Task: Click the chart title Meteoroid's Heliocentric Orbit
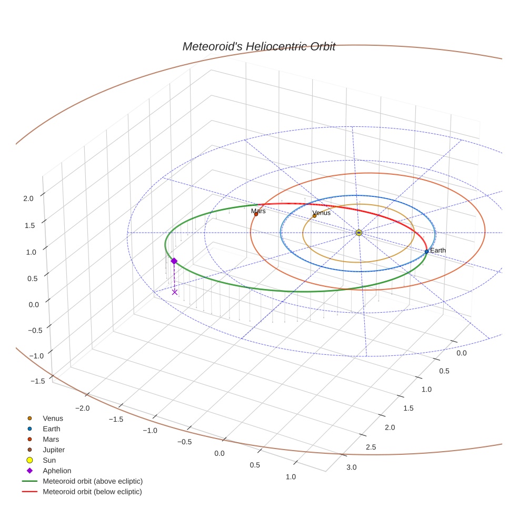258,46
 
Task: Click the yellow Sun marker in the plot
358,233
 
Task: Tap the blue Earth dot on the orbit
426,252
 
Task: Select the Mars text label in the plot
258,211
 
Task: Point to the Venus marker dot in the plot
314,216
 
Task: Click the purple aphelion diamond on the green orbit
174,261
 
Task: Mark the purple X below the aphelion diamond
175,292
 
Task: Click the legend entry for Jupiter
54,450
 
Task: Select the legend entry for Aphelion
57,471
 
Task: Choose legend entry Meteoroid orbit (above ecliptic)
93,481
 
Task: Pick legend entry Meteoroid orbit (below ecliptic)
92,492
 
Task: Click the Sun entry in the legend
49,460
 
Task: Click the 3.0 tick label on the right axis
351,467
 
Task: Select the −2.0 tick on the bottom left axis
82,408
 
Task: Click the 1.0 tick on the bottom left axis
290,477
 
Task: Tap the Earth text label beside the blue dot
438,250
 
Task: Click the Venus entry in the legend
53,418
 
